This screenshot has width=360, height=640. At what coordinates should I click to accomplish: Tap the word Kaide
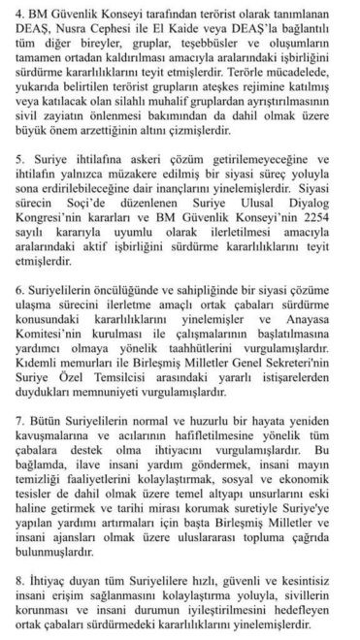[x=203, y=31]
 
